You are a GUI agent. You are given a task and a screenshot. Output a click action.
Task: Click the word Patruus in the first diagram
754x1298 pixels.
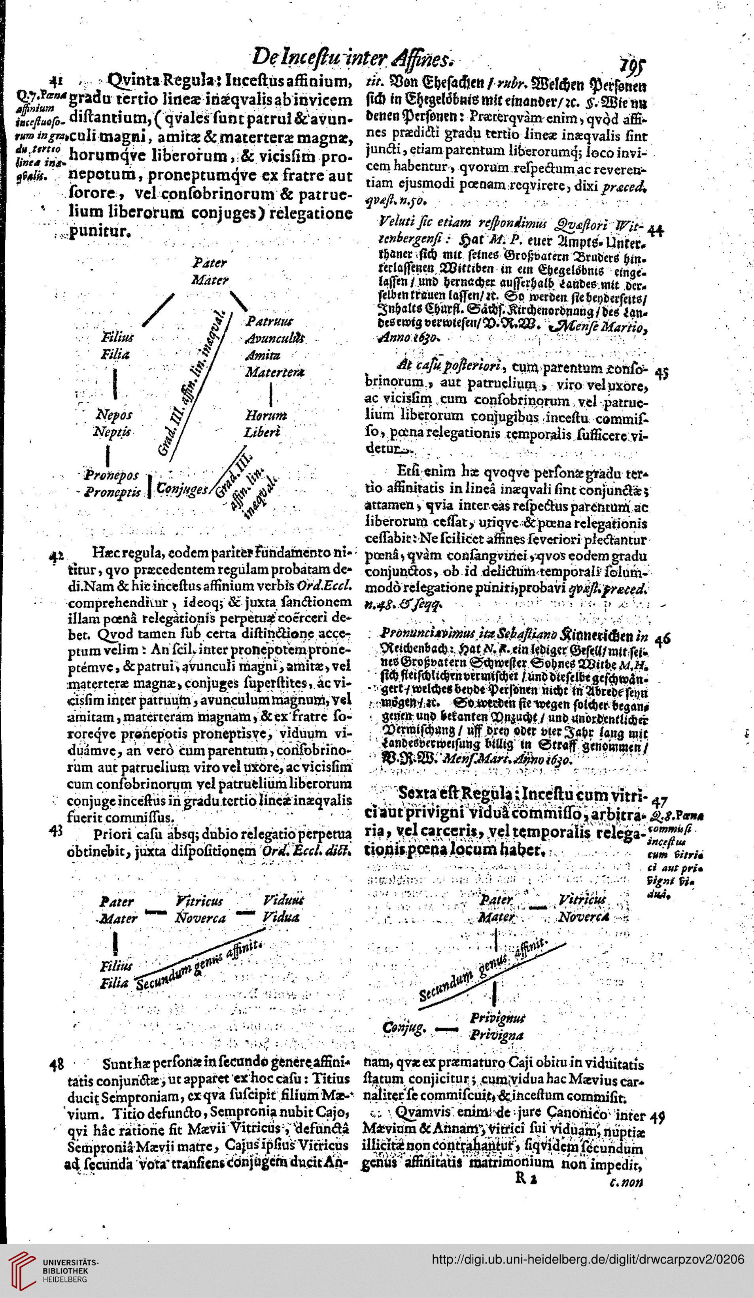pyautogui.click(x=269, y=321)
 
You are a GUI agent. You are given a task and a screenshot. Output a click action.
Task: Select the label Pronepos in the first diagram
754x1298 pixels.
pyautogui.click(x=112, y=474)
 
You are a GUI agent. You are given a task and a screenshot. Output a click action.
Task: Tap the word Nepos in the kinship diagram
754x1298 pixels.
pyautogui.click(x=114, y=415)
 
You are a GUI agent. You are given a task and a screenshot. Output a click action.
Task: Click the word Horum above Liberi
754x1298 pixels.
pyautogui.click(x=266, y=415)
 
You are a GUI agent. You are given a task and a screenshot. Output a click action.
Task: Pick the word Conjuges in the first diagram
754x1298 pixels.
pyautogui.click(x=182, y=488)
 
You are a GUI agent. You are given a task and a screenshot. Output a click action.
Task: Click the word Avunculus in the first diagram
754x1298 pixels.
pyautogui.click(x=276, y=338)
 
